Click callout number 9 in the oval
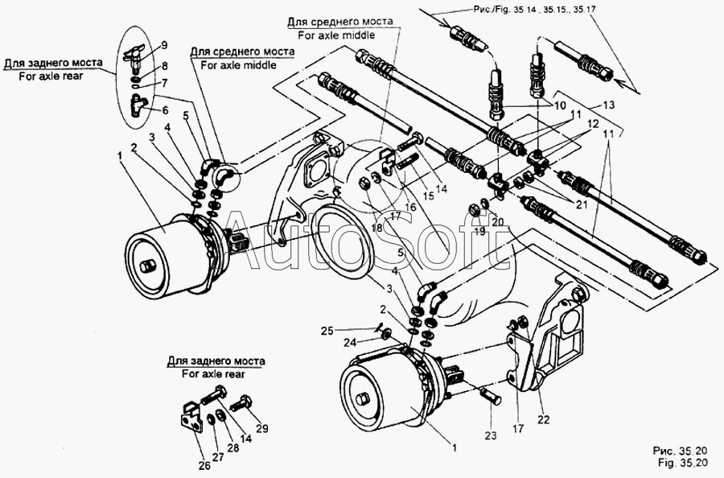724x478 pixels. (163, 44)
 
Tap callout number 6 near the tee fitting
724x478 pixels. (164, 111)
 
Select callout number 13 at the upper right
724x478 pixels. (608, 105)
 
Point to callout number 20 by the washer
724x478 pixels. (497, 220)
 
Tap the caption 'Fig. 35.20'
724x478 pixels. (682, 464)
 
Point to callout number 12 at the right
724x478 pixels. (593, 124)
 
